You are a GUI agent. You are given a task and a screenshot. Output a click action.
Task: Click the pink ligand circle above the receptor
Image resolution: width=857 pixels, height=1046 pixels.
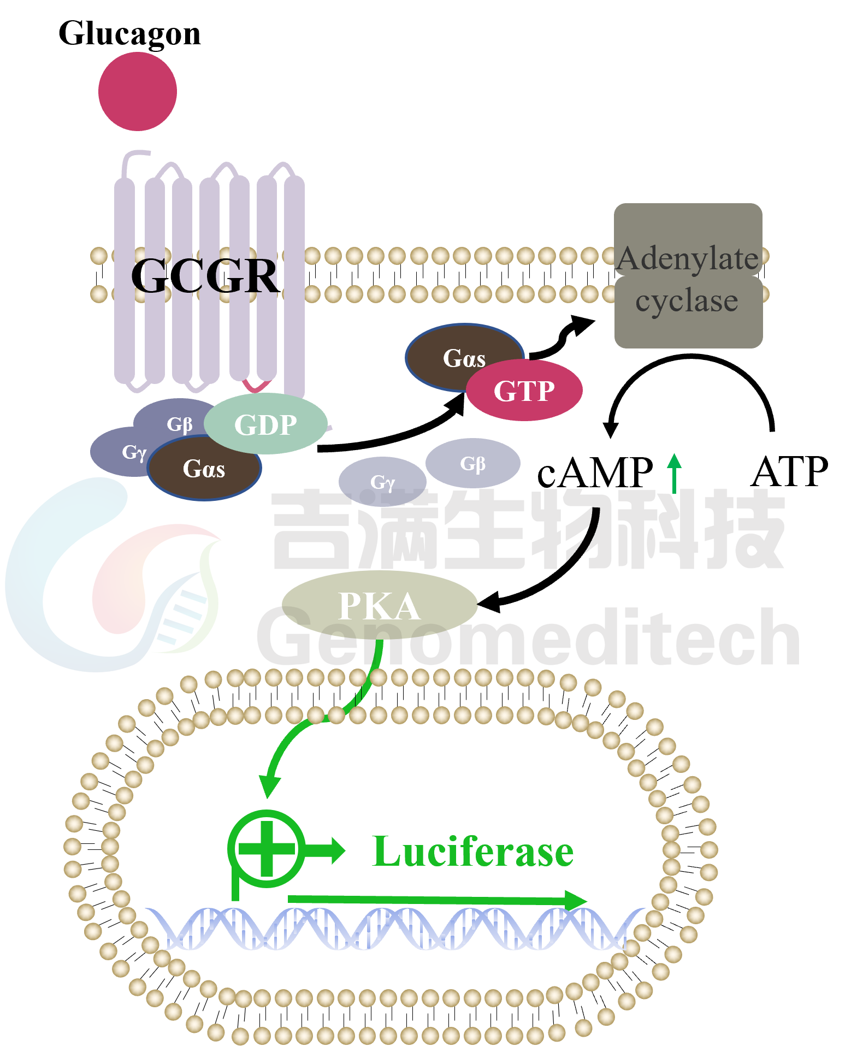click(x=138, y=92)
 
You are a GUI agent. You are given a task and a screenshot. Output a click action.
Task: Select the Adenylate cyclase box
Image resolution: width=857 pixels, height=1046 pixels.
click(x=688, y=276)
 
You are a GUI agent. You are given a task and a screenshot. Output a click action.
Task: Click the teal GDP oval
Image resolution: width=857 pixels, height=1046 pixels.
click(x=265, y=424)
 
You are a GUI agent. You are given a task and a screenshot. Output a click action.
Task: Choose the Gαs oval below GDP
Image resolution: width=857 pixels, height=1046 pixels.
click(x=204, y=469)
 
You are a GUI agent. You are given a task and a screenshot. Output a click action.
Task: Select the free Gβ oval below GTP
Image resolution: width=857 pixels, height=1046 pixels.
click(x=473, y=463)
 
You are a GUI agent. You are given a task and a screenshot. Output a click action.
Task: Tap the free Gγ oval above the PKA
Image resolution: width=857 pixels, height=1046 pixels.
click(x=382, y=481)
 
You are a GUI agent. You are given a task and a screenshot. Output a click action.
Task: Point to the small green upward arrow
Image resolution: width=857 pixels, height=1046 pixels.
click(x=675, y=472)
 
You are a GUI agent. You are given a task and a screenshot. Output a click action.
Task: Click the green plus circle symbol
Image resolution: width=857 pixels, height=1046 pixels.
click(x=267, y=849)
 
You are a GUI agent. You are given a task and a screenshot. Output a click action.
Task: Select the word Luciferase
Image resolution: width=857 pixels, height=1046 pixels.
click(x=472, y=852)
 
